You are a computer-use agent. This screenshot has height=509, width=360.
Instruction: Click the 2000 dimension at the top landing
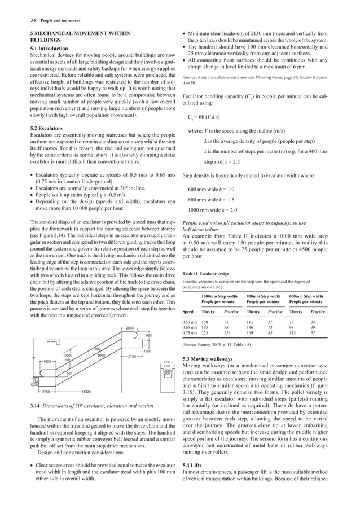pyautogui.click(x=129, y=328)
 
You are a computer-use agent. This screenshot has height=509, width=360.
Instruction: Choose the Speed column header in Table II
pyautogui.click(x=191, y=311)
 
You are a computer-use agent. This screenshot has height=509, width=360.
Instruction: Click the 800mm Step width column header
pyautogui.click(x=264, y=296)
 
